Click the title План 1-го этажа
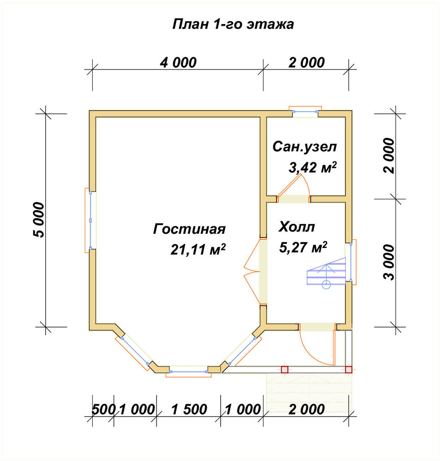point(233,24)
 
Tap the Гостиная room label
point(189,229)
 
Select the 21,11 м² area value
point(198,249)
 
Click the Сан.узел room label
point(304,147)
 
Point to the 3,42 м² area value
point(313,167)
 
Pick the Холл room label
point(296,227)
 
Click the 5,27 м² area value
point(303,247)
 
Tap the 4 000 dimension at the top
point(178,63)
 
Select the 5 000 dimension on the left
point(39,219)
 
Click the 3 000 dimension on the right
point(389,262)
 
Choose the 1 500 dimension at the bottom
point(189,409)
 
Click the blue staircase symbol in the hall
point(326,273)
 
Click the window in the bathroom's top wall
point(305,112)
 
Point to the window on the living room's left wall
point(90,220)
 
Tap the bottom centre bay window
point(188,372)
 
